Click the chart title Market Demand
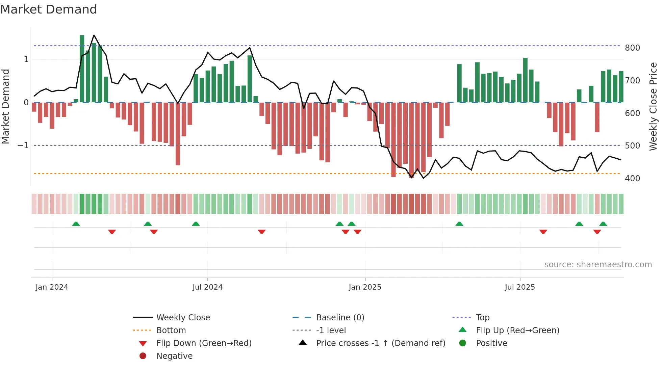click(49, 9)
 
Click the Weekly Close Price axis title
click(653, 106)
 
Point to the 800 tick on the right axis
click(632, 48)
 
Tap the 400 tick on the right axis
click(632, 178)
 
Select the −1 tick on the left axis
click(23, 145)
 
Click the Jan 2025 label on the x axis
click(365, 287)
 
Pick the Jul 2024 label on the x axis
click(207, 287)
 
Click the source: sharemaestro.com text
click(598, 265)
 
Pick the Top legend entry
click(482, 318)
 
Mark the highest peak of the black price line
click(94, 35)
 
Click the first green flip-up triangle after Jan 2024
click(76, 224)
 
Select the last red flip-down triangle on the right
click(597, 232)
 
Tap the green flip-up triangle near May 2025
click(459, 224)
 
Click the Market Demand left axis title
click(6, 106)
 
